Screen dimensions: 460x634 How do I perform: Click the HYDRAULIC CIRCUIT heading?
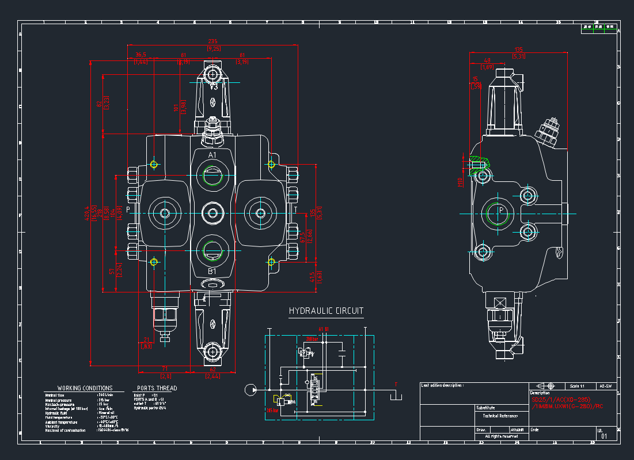point(326,311)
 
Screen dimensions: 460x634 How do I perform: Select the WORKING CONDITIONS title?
point(85,388)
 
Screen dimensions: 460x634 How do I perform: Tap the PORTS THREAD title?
point(157,388)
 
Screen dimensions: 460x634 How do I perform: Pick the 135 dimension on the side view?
point(519,49)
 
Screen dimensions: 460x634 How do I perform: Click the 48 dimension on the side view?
point(487,60)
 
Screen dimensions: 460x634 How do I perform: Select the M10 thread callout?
point(460,181)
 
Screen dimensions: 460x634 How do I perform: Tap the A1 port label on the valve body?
point(212,155)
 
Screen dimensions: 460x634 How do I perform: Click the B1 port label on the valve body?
point(212,271)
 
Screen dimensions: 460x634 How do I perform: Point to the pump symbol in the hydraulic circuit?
point(250,390)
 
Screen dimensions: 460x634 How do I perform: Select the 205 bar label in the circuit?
point(272,410)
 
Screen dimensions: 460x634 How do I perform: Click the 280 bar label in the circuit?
point(311,339)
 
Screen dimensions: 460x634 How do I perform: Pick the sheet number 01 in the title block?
point(604,436)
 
